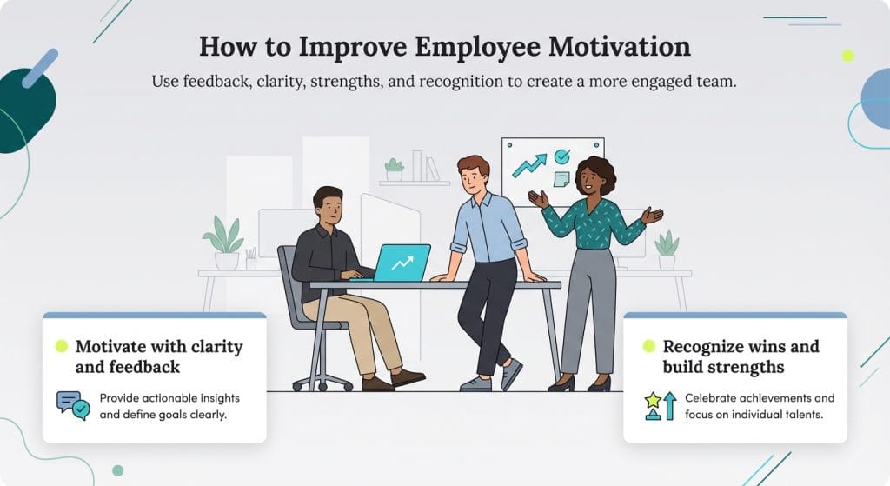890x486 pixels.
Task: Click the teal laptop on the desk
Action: click(x=401, y=262)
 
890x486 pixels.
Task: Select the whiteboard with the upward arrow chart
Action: click(x=552, y=170)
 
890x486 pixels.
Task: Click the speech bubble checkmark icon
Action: click(x=73, y=404)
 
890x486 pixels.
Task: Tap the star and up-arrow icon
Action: click(x=661, y=405)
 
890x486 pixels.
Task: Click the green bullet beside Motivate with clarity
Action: click(x=62, y=346)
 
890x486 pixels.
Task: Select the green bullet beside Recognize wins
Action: click(x=648, y=346)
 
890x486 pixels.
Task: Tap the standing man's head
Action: click(x=473, y=175)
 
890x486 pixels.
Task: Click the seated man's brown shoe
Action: click(x=408, y=376)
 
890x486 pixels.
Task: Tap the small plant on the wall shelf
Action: click(x=395, y=169)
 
